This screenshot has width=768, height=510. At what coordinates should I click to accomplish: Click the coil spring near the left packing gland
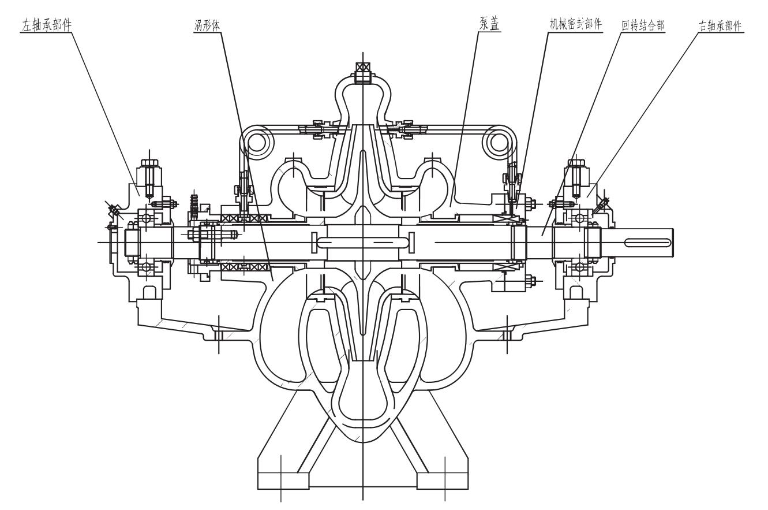coord(194,203)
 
